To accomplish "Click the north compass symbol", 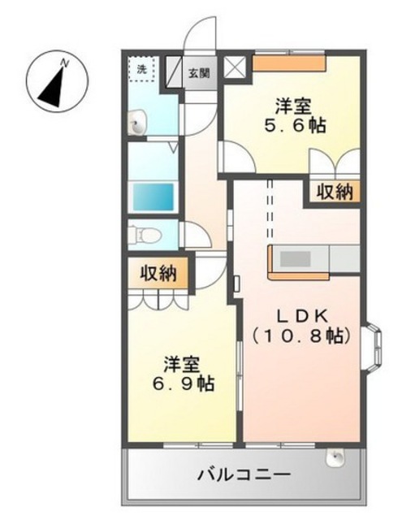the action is pos(57,81).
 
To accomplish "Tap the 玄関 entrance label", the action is pos(200,72).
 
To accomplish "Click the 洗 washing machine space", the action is pos(141,69).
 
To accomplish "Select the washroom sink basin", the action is pos(137,123).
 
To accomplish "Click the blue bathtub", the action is pos(154,197).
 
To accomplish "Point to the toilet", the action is pos(145,235).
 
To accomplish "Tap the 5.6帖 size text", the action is pos(295,124).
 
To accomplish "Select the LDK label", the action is pos(302,317).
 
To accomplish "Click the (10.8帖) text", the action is pos(301,336).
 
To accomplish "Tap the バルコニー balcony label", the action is pos(244,474).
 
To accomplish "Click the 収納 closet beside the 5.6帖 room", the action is pos(335,192).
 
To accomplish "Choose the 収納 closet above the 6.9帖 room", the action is pos(158,274).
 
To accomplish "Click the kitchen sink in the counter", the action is pos(295,259).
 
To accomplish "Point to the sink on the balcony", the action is pos(335,458).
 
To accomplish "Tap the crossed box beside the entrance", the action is pos(235,67).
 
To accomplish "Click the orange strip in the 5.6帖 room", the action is pos(289,63).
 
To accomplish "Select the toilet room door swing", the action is pos(196,234).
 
